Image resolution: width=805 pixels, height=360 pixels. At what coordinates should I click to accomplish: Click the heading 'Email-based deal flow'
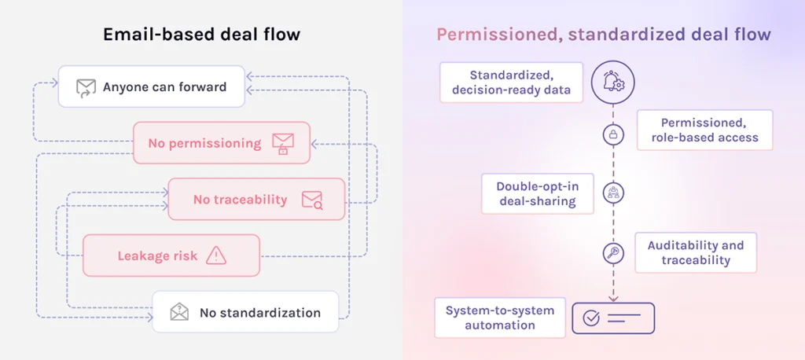[201, 35]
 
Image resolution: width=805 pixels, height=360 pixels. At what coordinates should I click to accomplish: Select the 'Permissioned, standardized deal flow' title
[604, 35]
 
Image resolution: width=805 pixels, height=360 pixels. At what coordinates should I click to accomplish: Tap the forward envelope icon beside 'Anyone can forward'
[86, 87]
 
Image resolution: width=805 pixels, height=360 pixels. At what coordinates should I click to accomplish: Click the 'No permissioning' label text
[204, 143]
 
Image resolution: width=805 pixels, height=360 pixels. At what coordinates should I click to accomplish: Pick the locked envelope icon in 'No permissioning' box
[282, 143]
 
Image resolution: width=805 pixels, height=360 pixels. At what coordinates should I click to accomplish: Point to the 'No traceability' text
[240, 200]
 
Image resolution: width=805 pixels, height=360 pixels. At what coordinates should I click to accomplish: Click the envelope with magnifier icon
[312, 200]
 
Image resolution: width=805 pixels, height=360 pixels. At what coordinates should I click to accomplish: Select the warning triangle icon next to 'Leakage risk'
[215, 255]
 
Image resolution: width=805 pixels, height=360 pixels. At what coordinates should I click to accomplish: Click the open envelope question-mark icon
[180, 312]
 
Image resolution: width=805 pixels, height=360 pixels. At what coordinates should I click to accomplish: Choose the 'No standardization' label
[259, 312]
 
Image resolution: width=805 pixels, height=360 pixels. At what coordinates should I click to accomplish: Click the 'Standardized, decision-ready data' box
[511, 83]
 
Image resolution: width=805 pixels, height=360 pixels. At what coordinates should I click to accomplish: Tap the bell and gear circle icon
[612, 83]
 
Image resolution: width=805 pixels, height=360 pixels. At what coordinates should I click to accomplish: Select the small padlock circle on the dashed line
[612, 135]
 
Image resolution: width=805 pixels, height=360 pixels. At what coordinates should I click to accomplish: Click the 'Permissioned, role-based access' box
[704, 130]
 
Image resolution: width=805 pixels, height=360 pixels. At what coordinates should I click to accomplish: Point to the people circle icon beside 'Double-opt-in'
[612, 193]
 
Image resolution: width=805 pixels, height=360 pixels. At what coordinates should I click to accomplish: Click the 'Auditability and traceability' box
[695, 252]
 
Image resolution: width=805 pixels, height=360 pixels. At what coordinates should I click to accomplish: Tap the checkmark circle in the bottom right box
[591, 318]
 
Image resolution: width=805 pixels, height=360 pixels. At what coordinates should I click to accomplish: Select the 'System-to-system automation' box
[499, 318]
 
